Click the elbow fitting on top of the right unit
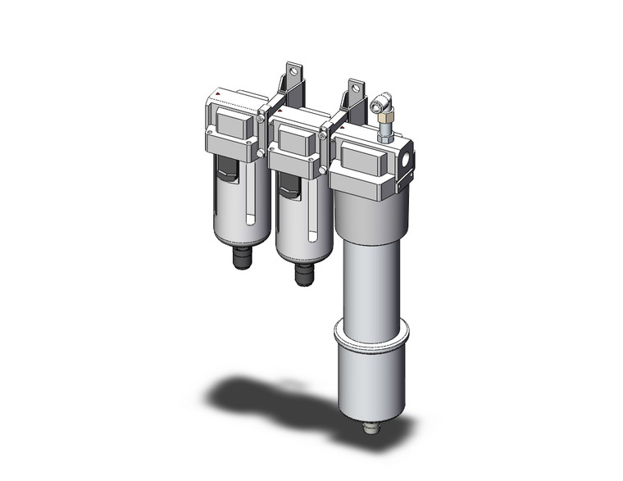pyautogui.click(x=379, y=104)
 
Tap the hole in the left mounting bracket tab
pyautogui.click(x=293, y=70)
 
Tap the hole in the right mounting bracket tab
pyautogui.click(x=354, y=86)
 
